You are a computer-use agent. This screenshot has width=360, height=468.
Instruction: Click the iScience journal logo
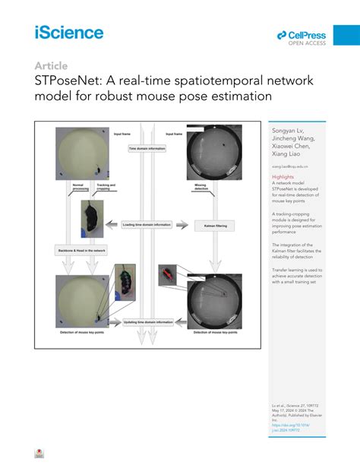pyautogui.click(x=68, y=32)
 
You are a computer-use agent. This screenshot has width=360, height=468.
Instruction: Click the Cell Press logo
pyautogui.click(x=302, y=36)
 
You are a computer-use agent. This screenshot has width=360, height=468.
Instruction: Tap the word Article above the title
pyautogui.click(x=51, y=66)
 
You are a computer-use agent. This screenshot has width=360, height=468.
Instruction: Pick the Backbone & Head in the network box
pyautogui.click(x=82, y=249)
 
